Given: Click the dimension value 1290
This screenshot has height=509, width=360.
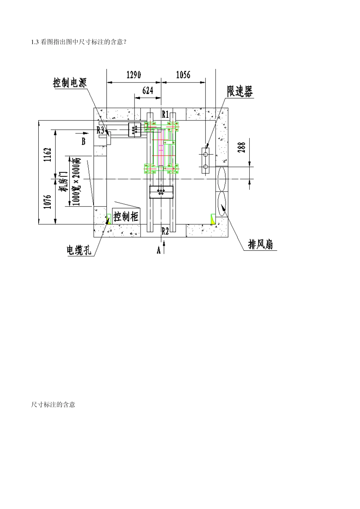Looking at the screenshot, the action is [x=133, y=75].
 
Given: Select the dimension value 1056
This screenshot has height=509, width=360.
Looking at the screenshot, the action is [x=183, y=75].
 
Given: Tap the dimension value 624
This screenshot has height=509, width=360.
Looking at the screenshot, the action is [x=148, y=91].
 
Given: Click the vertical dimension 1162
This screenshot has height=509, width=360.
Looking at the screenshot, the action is [x=47, y=155].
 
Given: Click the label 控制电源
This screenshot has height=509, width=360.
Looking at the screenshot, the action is [x=70, y=82].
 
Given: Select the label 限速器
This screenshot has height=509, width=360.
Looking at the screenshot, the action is [x=239, y=91].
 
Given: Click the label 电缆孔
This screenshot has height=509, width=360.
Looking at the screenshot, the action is [x=79, y=250].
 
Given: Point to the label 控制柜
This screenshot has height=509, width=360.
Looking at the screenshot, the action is [x=126, y=217].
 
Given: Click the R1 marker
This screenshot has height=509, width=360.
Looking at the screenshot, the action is [x=165, y=114].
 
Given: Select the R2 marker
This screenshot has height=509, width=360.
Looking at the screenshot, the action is [x=165, y=231].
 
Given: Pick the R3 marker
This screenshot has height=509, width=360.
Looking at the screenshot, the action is [x=100, y=130].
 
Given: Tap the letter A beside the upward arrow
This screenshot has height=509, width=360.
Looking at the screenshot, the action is [x=159, y=250].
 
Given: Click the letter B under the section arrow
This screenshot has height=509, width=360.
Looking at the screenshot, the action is [x=83, y=141].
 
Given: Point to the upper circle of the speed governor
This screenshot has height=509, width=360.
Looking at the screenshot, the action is [x=205, y=155].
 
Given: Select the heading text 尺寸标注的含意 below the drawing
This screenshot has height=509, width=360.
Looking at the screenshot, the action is [x=53, y=404].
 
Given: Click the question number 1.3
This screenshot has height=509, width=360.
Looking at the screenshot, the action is [x=35, y=42].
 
